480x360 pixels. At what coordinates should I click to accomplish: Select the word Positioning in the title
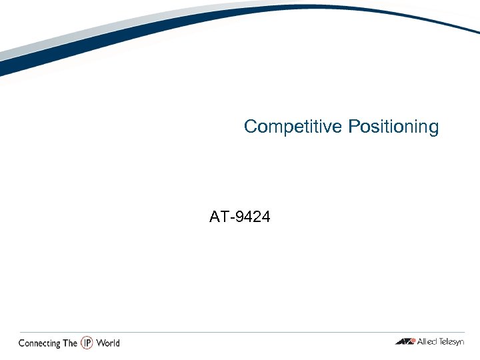tap(393, 127)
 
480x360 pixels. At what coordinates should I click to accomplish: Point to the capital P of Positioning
tap(353, 126)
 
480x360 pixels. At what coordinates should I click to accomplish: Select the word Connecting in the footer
tap(39, 343)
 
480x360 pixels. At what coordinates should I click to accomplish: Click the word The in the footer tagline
tap(70, 343)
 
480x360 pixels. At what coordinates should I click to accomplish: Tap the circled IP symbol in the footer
tap(87, 343)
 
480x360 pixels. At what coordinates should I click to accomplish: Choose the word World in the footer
tap(107, 343)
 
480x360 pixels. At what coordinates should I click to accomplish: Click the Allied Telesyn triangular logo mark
tap(404, 342)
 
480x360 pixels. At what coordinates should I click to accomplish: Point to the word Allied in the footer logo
tap(427, 342)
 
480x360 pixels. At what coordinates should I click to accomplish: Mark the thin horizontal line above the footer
tap(240, 332)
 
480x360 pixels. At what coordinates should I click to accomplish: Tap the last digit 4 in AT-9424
tap(266, 217)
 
